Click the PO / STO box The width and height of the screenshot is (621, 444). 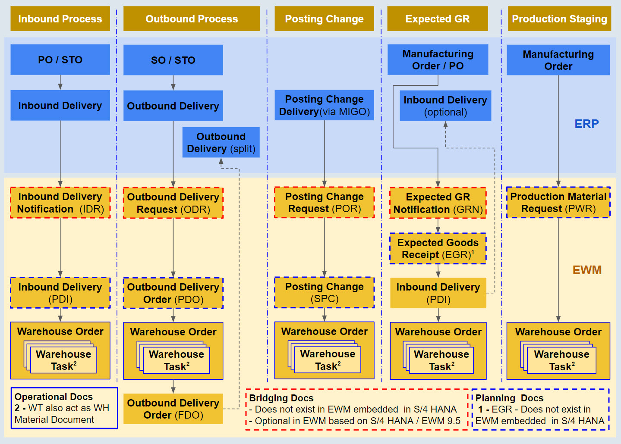60,59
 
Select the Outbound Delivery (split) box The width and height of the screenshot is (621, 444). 221,142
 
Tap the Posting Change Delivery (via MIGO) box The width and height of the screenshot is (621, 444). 324,105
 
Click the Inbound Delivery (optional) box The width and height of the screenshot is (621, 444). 445,106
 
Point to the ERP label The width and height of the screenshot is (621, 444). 586,124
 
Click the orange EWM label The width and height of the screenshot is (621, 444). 586,270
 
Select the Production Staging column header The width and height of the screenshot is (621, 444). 559,19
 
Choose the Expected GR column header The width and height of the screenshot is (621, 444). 437,19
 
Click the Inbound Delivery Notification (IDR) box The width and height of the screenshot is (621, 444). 60,203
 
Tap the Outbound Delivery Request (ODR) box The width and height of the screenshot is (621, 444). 173,203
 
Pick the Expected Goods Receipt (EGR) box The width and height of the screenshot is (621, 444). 438,248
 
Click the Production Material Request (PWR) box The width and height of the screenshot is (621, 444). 558,202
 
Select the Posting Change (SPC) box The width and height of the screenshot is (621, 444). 324,292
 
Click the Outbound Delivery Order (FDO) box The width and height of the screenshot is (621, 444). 173,409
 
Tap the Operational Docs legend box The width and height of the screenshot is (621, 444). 64,408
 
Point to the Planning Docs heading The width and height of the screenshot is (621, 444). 509,398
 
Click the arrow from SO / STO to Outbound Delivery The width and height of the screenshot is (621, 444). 173,83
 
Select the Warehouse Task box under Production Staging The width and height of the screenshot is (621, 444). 561,360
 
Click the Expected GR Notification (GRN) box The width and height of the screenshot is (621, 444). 438,203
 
